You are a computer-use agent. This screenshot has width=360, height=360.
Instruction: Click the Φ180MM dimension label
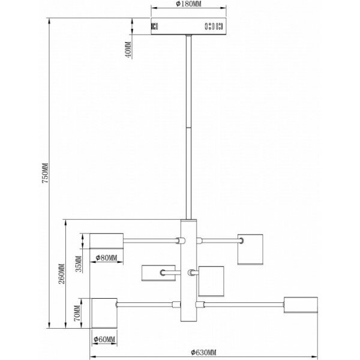pyautogui.click(x=188, y=4)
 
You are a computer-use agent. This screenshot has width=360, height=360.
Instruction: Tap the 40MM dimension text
pyautogui.click(x=128, y=49)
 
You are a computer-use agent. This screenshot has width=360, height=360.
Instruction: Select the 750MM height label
pyautogui.click(x=45, y=173)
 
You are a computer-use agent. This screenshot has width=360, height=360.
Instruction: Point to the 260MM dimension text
pyautogui.click(x=62, y=274)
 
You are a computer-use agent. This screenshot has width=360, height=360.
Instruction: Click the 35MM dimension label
pyautogui.click(x=79, y=264)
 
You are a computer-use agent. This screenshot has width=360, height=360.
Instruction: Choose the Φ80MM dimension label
pyautogui.click(x=106, y=257)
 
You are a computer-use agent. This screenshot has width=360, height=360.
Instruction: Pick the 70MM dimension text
pyautogui.click(x=77, y=313)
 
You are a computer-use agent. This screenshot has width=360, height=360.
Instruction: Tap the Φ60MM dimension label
pyautogui.click(x=104, y=339)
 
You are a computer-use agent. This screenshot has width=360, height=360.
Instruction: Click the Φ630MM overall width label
pyautogui.click(x=203, y=352)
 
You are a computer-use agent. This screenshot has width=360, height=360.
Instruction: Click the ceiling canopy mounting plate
pyautogui.click(x=188, y=26)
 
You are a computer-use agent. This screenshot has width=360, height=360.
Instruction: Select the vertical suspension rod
pyautogui.click(x=188, y=127)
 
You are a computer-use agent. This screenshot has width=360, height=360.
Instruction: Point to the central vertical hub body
pyautogui.click(x=188, y=270)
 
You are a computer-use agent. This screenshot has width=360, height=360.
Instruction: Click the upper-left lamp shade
pyautogui.click(x=107, y=241)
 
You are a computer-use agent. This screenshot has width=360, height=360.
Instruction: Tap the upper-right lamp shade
pyautogui.click(x=250, y=250)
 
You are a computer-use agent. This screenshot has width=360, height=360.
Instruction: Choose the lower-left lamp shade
pyautogui.click(x=104, y=313)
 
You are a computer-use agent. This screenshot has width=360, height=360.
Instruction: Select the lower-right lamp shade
pyautogui.click(x=301, y=305)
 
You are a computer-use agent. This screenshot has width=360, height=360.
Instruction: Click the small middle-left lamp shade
pyautogui.click(x=158, y=273)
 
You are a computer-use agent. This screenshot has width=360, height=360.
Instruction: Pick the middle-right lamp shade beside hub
pyautogui.click(x=211, y=281)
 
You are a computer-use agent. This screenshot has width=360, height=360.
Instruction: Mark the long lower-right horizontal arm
pyautogui.click(x=244, y=304)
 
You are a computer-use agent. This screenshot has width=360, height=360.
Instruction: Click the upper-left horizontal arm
pyautogui.click(x=150, y=241)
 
